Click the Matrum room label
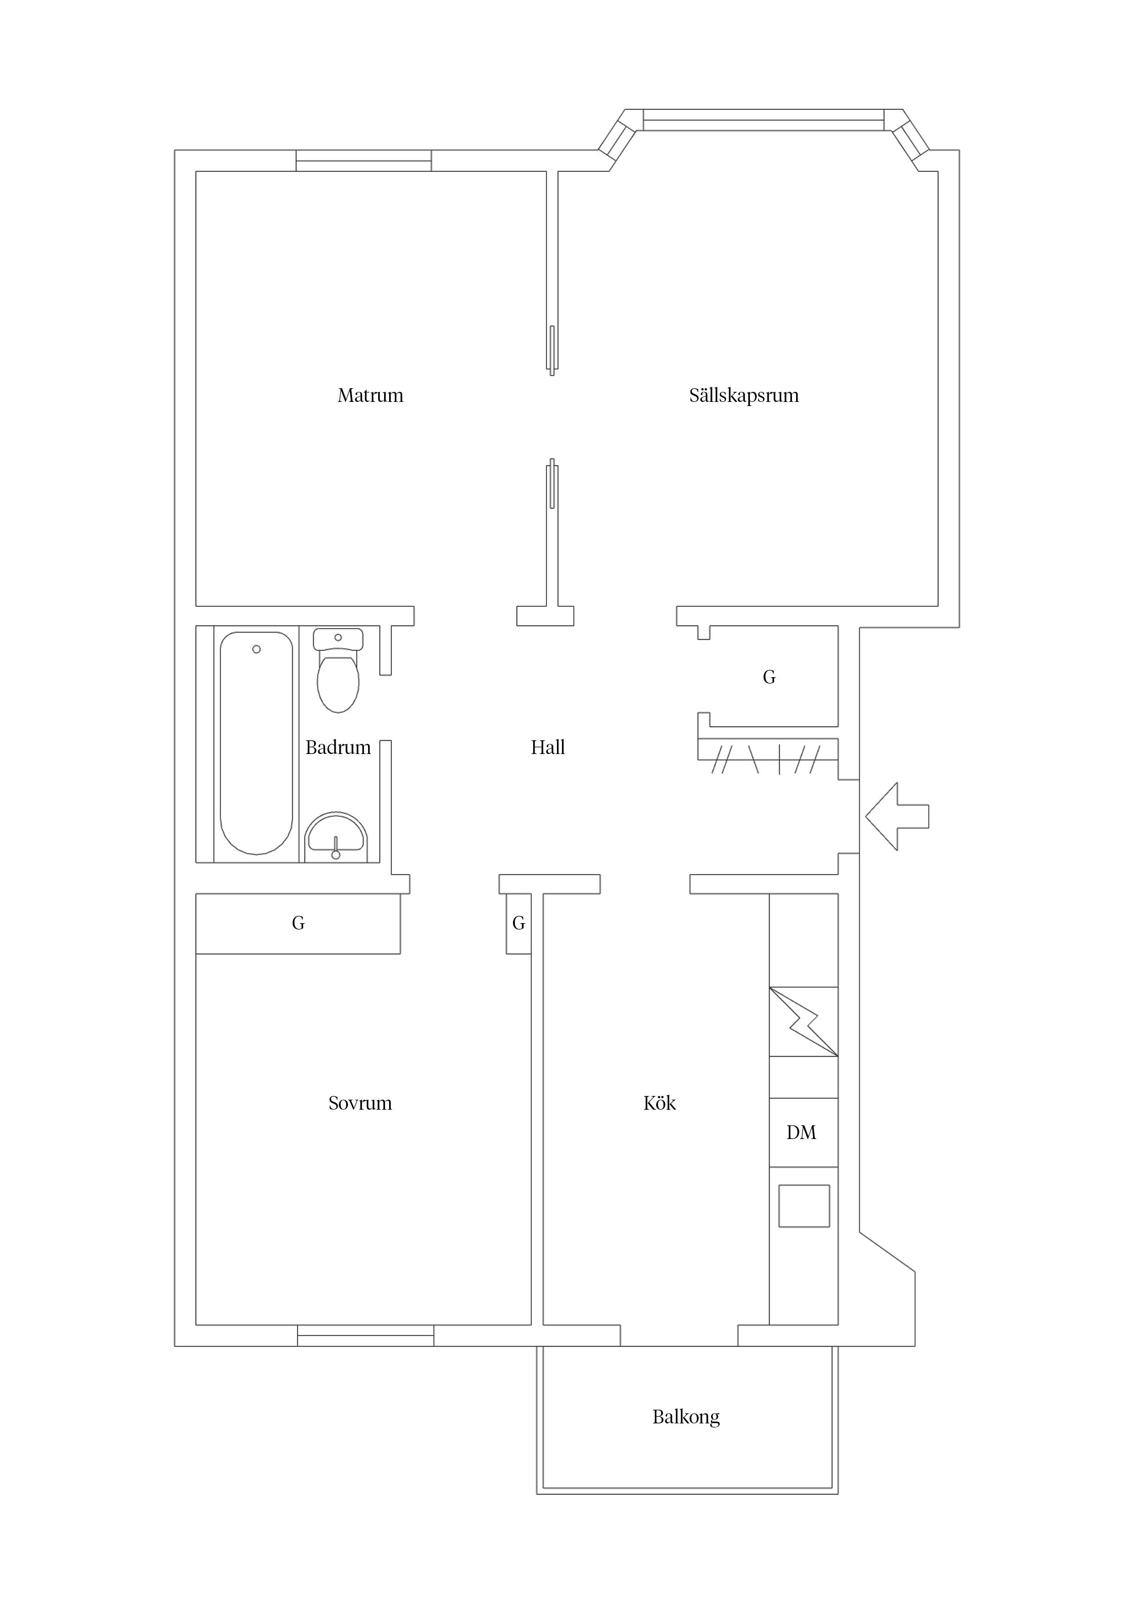click(370, 396)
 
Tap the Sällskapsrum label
click(744, 396)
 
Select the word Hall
click(548, 748)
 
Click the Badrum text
click(338, 748)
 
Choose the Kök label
click(659, 1102)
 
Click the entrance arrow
click(897, 817)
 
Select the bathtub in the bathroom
click(257, 743)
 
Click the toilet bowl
click(338, 680)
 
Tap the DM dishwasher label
click(802, 1133)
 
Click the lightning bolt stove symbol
click(803, 1021)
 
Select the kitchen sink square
click(804, 1206)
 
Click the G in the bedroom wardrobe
click(298, 924)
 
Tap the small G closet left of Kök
click(519, 924)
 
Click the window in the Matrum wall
click(364, 160)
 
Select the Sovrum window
click(365, 1335)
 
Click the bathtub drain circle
click(257, 649)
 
